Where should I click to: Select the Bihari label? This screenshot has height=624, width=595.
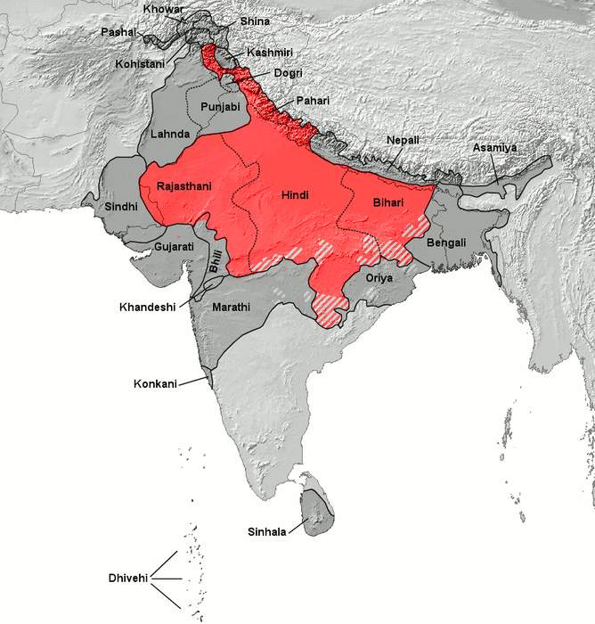point(384,204)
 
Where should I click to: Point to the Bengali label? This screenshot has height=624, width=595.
point(448,242)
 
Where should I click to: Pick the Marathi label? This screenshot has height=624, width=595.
point(232,307)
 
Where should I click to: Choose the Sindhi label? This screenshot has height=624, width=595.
point(121,206)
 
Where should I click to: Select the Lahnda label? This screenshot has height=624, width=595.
point(170,134)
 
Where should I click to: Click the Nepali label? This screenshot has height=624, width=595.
point(403,141)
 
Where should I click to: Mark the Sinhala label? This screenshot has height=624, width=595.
point(267,532)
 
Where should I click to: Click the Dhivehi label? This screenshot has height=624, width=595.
point(124,579)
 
